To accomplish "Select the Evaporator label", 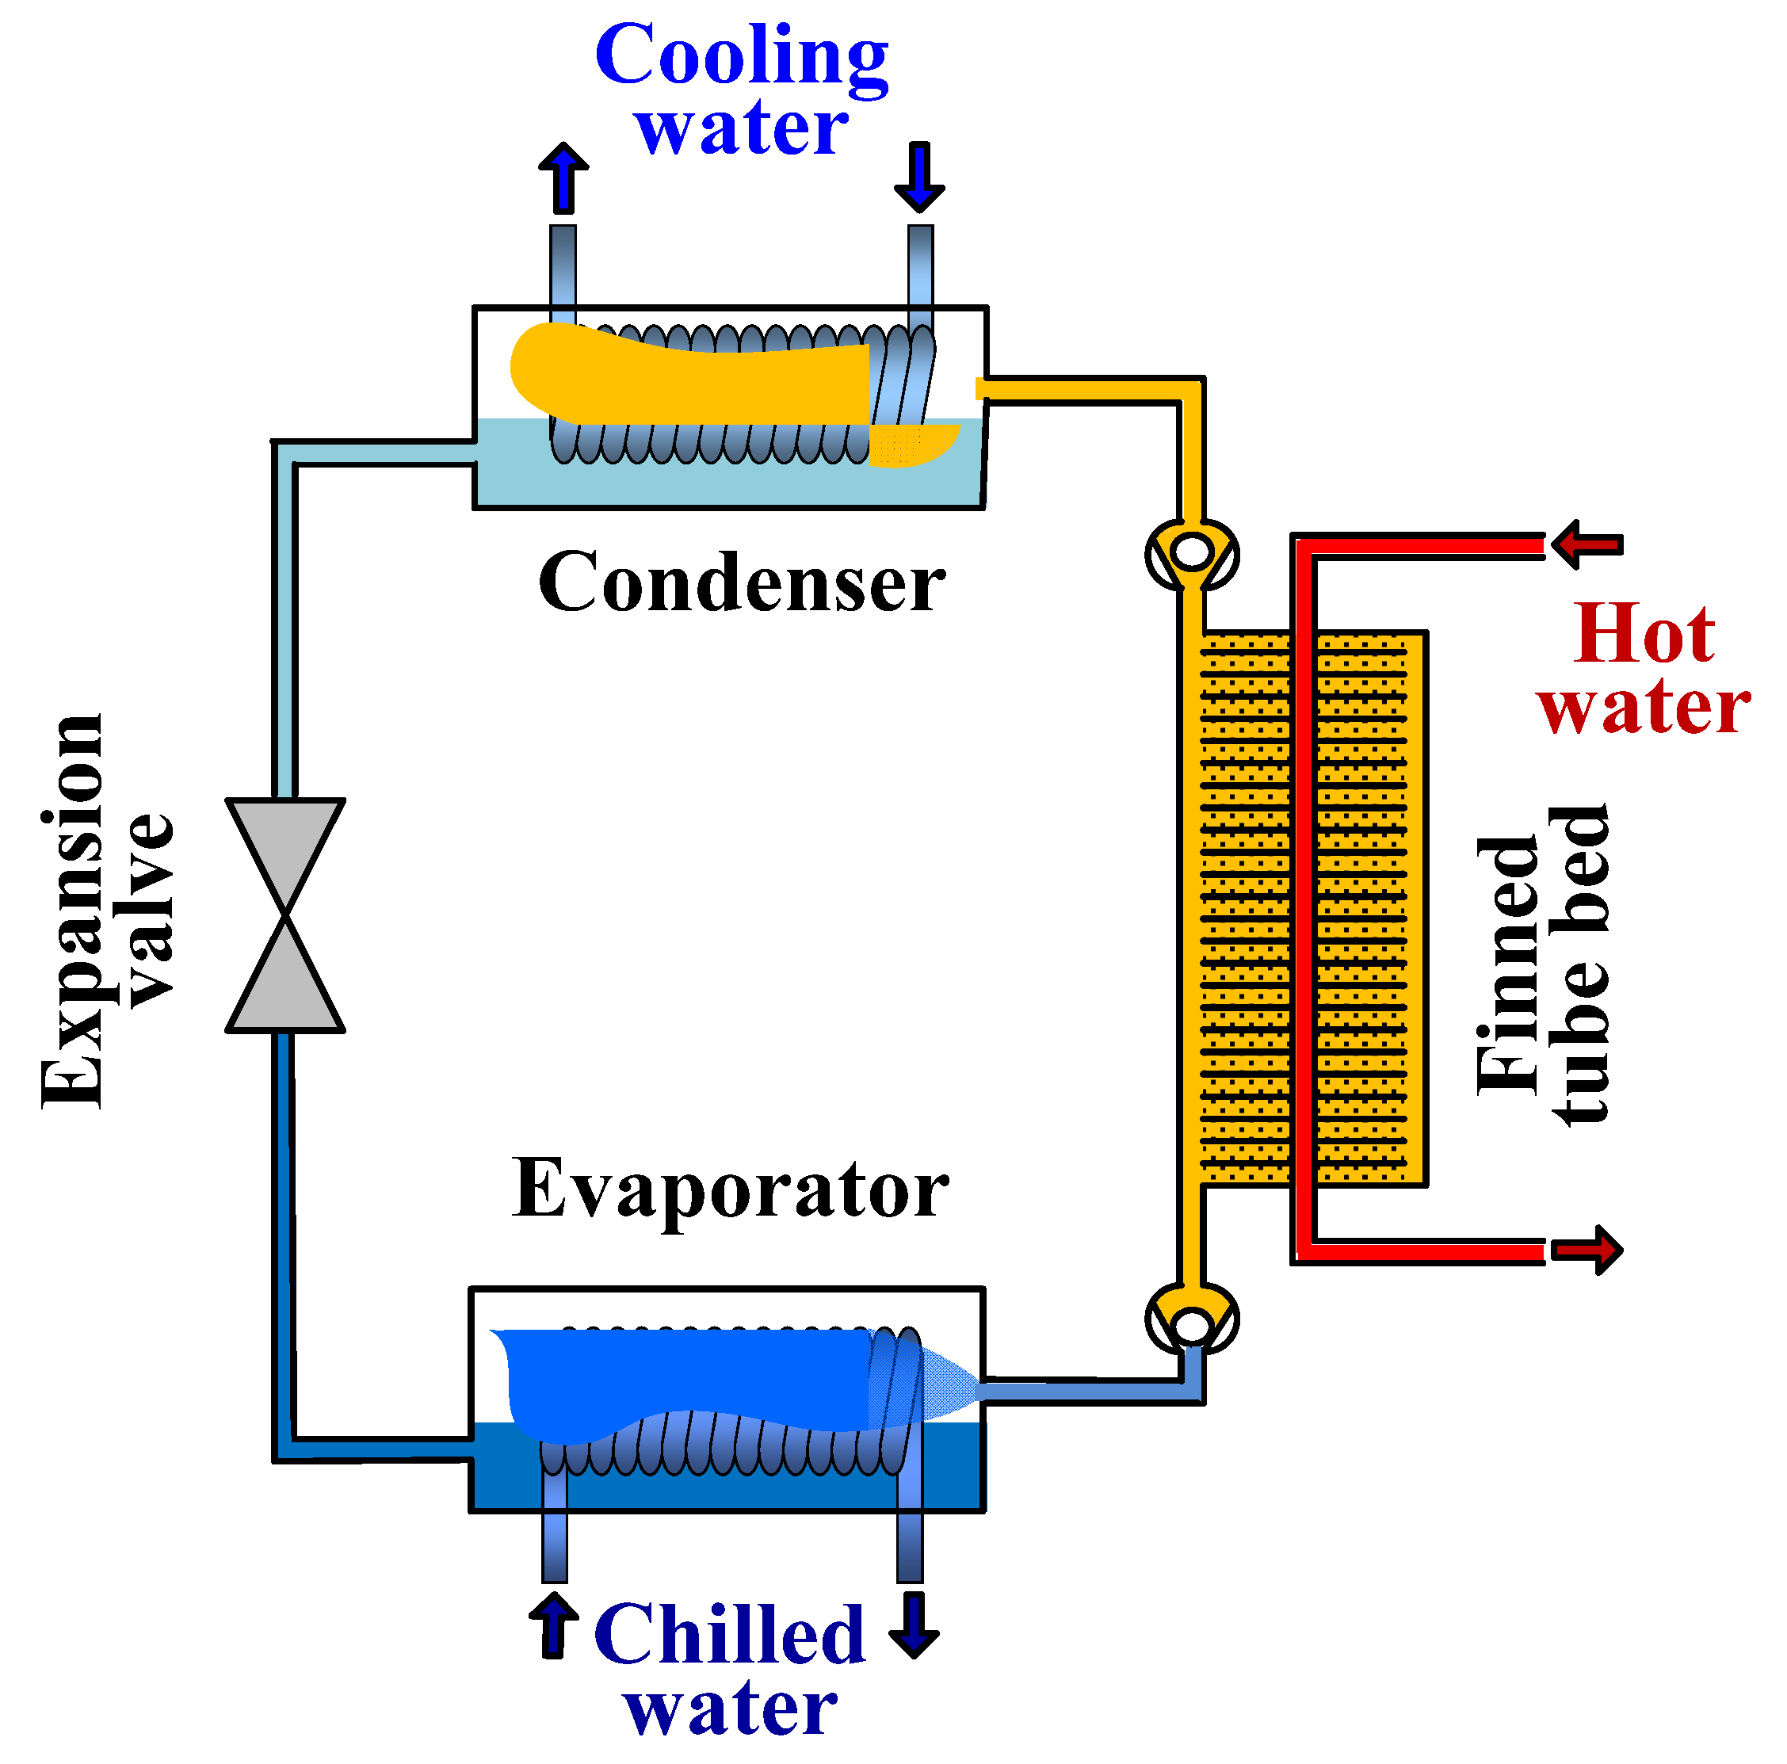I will pos(730,1189).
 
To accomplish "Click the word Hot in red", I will pos(1644,635).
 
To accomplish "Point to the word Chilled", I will pos(729,1636).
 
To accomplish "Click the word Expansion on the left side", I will pos(72,911).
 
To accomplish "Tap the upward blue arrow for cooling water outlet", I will pos(563,177).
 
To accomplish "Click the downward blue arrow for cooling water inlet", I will pos(919,177).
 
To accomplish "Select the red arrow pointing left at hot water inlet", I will pos(1587,544).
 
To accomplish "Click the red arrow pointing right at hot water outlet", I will pos(1587,1250).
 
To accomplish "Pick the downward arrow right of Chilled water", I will pos(914,1625).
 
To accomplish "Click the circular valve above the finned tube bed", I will pos(1191,554).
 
